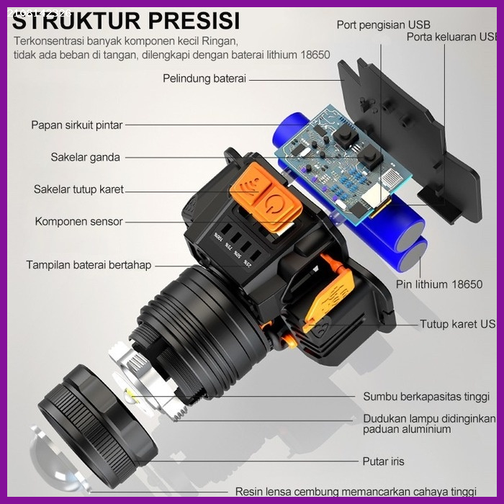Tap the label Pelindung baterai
[204, 78]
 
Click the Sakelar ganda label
[85, 157]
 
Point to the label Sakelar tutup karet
[78, 189]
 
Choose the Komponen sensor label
[78, 222]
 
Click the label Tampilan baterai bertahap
[89, 265]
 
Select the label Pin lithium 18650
[439, 284]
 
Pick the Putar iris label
[383, 462]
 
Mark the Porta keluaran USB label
[452, 37]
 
